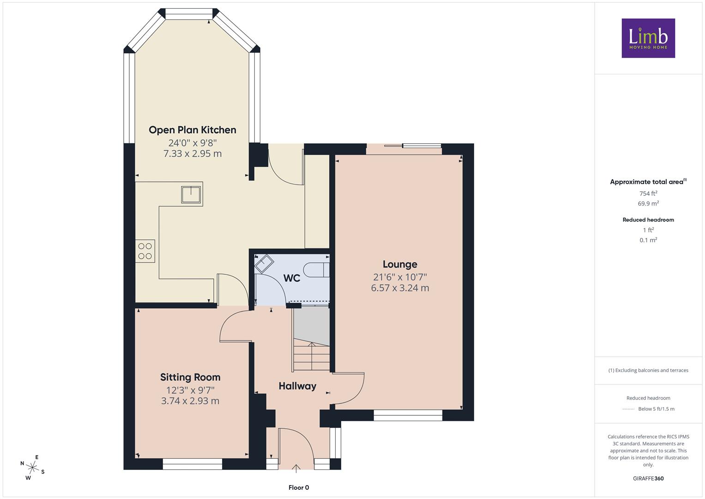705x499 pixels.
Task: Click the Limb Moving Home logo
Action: [x=648, y=38]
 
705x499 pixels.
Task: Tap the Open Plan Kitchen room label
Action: [x=193, y=130]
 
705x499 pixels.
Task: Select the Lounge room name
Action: [x=400, y=264]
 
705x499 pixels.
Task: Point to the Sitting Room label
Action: [x=190, y=377]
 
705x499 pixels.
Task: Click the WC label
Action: [x=292, y=278]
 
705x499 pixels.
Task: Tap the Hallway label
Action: [x=297, y=386]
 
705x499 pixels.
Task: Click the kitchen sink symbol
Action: [x=191, y=195]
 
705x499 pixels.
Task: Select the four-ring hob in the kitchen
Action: [x=145, y=251]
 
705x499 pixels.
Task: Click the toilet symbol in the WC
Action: [x=316, y=270]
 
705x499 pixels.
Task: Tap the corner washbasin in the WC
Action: [x=264, y=263]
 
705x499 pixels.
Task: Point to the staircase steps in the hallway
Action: [x=311, y=355]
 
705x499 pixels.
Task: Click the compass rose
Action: [x=32, y=468]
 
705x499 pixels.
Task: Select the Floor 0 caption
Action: [x=299, y=487]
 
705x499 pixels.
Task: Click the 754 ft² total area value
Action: [x=648, y=194]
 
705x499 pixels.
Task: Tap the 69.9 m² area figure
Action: [x=648, y=203]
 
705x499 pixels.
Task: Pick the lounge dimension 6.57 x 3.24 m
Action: [x=400, y=288]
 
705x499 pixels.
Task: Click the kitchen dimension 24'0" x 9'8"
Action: [x=193, y=143]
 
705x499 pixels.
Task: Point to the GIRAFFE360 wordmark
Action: [x=648, y=479]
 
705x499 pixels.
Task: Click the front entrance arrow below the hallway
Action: [x=296, y=469]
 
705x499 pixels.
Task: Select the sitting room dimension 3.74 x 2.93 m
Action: [x=190, y=401]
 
